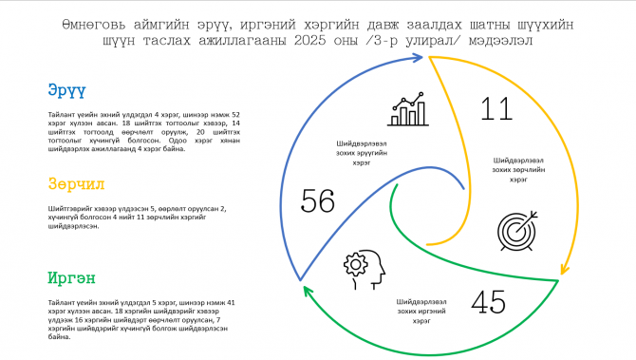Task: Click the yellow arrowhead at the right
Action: pyautogui.click(x=561, y=273)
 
